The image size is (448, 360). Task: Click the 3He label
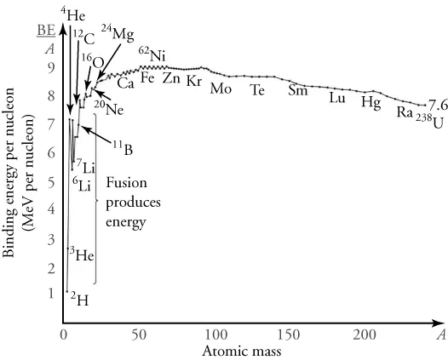point(79,254)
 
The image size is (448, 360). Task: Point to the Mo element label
point(220,89)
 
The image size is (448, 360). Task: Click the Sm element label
point(297,91)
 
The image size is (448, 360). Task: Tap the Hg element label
point(370,102)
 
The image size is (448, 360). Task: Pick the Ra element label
point(405,111)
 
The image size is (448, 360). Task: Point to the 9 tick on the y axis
point(51,67)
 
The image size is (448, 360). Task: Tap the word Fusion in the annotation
point(124,183)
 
